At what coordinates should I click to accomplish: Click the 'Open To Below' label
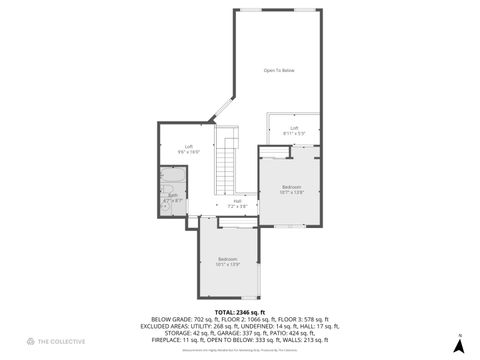pyautogui.click(x=279, y=70)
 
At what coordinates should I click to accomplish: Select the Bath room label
pyautogui.click(x=173, y=198)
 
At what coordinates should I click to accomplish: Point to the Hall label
pyautogui.click(x=238, y=203)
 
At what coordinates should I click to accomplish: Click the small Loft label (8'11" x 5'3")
pyautogui.click(x=294, y=130)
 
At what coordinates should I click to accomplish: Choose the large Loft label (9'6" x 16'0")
pyautogui.click(x=188, y=149)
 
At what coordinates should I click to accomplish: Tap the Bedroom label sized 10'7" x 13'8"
pyautogui.click(x=291, y=190)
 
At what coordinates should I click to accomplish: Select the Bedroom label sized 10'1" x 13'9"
pyautogui.click(x=229, y=262)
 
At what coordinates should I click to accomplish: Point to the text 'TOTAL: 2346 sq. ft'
pyautogui.click(x=239, y=311)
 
